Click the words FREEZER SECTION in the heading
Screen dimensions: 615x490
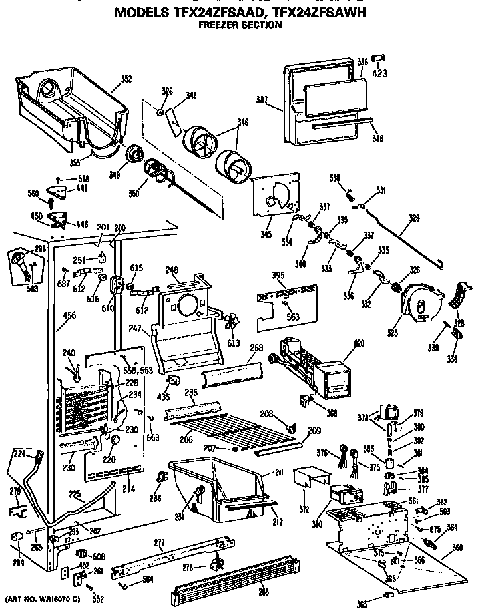[x=240, y=26]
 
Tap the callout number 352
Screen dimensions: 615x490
[x=126, y=78]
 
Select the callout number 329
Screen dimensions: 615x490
[x=414, y=218]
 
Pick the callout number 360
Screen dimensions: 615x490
[x=457, y=547]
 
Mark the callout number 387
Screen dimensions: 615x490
[x=262, y=101]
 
